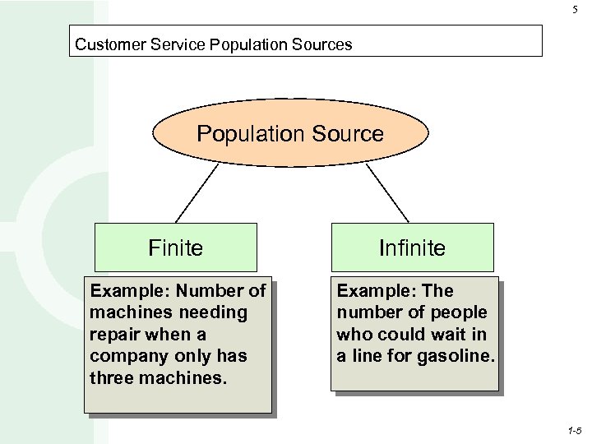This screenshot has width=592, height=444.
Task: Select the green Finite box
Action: [175, 247]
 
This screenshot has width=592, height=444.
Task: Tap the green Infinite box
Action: [412, 247]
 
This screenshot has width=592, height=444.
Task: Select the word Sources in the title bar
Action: [323, 44]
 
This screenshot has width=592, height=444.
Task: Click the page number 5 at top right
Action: [575, 10]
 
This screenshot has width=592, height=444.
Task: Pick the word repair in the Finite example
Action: [114, 335]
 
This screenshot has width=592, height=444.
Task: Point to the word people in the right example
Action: [456, 312]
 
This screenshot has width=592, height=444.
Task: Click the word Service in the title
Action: [181, 44]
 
